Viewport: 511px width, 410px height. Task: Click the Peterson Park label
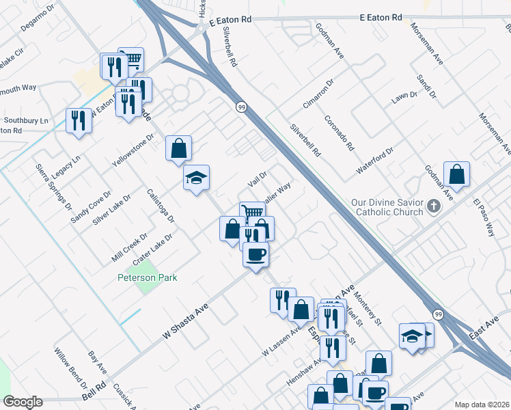pyautogui.click(x=147, y=277)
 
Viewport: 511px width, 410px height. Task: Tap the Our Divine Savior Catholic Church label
pyautogui.click(x=387, y=207)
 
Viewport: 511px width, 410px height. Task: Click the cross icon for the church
pyautogui.click(x=432, y=206)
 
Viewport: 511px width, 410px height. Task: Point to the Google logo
pyautogui.click(x=23, y=402)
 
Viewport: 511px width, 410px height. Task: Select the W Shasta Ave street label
pyautogui.click(x=185, y=322)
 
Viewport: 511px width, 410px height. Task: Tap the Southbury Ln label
pyautogui.click(x=26, y=121)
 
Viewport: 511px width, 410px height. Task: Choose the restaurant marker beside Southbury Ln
pyautogui.click(x=79, y=121)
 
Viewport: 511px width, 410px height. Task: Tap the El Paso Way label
pyautogui.click(x=484, y=218)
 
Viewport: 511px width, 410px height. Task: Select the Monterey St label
pyautogui.click(x=368, y=310)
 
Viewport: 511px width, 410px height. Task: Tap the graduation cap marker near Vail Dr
pyautogui.click(x=196, y=178)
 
